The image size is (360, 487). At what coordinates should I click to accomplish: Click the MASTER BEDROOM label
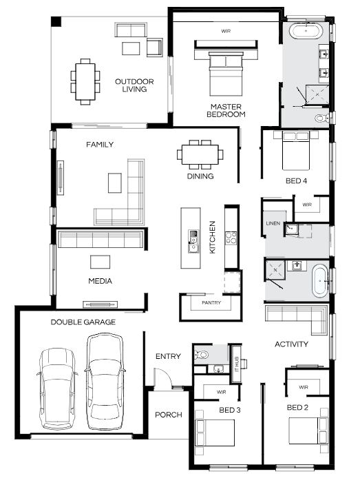(x=226, y=111)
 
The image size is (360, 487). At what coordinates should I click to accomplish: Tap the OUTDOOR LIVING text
(x=134, y=85)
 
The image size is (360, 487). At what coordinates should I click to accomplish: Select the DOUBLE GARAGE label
(x=83, y=322)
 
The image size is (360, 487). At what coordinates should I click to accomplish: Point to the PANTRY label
(x=211, y=302)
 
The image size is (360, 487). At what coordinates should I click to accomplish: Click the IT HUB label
(x=237, y=364)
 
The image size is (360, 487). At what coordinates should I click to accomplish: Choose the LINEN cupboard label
(x=273, y=223)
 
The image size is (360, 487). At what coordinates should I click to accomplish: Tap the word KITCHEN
(x=213, y=237)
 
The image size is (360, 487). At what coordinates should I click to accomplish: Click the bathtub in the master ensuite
(x=306, y=32)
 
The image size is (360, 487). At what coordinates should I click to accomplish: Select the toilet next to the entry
(x=201, y=354)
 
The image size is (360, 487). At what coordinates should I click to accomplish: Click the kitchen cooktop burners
(x=231, y=238)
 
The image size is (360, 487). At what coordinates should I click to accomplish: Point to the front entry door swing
(x=164, y=377)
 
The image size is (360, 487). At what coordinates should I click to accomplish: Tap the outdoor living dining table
(x=85, y=81)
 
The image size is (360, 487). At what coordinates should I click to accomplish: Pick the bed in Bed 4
(x=296, y=150)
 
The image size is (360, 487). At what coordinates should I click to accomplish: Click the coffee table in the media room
(x=100, y=262)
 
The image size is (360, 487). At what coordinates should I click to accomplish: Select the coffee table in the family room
(x=115, y=183)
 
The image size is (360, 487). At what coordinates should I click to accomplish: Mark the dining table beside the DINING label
(x=200, y=155)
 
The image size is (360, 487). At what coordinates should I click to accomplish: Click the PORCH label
(x=169, y=415)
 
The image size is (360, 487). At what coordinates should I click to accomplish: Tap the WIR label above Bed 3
(x=221, y=392)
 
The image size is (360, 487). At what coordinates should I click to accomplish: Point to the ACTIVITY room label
(x=291, y=344)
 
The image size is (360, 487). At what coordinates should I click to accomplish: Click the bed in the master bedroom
(x=226, y=74)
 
